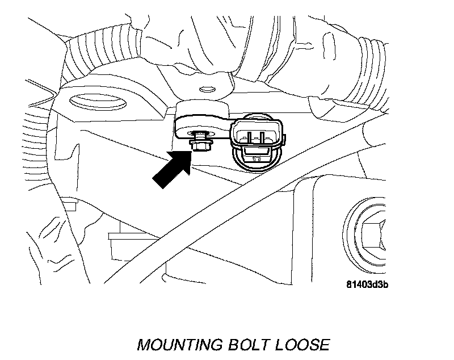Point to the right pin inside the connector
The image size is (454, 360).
coord(262,136)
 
